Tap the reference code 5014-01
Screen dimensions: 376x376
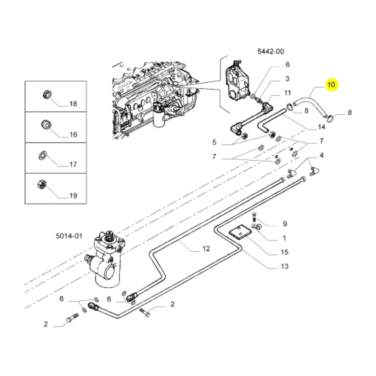click(x=68, y=236)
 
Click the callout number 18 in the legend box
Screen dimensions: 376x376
click(x=73, y=104)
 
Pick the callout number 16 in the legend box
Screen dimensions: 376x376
click(x=73, y=134)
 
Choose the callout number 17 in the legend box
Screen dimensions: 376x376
click(x=73, y=164)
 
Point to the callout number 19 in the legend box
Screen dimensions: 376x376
click(x=73, y=196)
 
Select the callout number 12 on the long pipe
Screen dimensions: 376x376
click(x=206, y=249)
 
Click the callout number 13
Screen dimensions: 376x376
click(x=284, y=266)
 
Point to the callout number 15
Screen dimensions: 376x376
click(x=284, y=252)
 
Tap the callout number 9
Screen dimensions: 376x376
click(x=285, y=224)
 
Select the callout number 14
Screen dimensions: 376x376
click(x=321, y=127)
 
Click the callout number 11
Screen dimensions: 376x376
click(x=288, y=92)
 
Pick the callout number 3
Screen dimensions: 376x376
click(x=287, y=79)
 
